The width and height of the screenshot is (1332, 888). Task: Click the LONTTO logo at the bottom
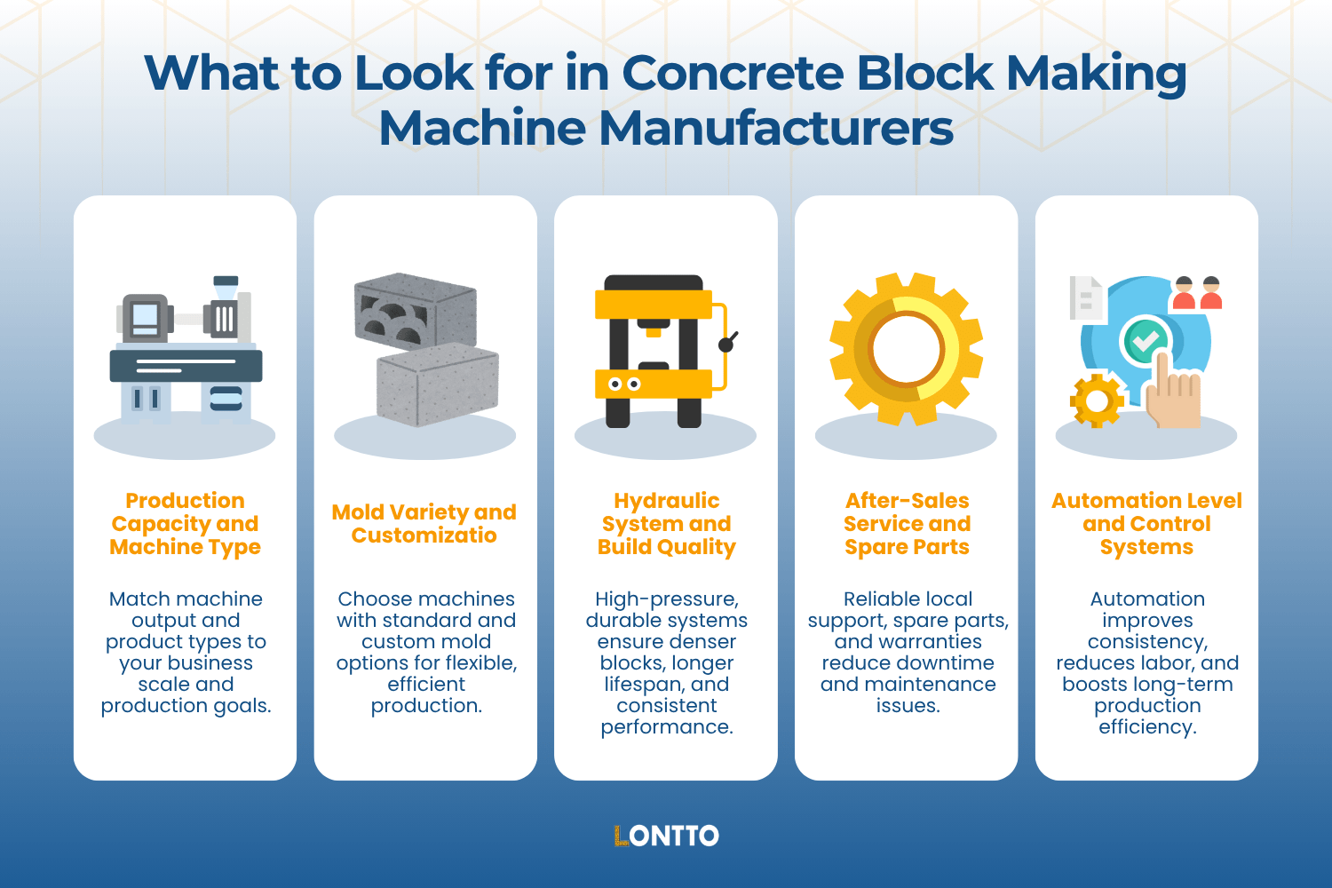coord(666,836)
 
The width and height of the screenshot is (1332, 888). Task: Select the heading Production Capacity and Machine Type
coord(185,524)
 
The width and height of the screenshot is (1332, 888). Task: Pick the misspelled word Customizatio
coord(424,535)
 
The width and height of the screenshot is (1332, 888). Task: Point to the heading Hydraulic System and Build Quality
coord(666,524)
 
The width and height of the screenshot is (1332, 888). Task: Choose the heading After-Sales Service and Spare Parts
coord(907,524)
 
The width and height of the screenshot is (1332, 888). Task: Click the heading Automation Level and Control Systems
coord(1146,524)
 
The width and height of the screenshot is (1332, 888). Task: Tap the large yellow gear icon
coord(906,348)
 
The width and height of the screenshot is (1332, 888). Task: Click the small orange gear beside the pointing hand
coord(1097,401)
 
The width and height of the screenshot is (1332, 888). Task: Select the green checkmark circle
coord(1146,341)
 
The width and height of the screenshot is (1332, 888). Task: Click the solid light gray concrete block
coord(438,384)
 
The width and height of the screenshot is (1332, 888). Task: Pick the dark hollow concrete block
coord(415,310)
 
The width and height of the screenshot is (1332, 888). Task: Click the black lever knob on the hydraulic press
coord(726,344)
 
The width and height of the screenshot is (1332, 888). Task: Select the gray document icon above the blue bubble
coord(1086,297)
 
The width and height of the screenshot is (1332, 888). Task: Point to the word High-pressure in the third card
coord(666,599)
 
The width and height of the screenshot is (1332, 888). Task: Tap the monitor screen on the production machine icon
coord(145,316)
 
